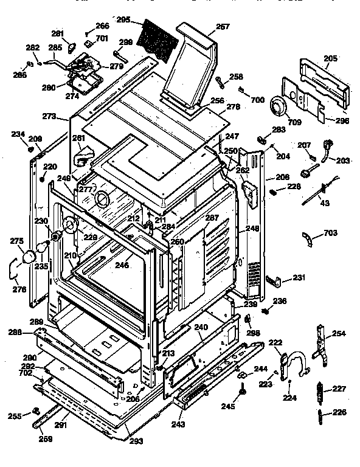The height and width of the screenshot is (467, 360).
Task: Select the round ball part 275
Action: point(27,258)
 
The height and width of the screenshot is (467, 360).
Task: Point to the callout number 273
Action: point(49,116)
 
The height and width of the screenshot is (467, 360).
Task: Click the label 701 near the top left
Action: point(101,38)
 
